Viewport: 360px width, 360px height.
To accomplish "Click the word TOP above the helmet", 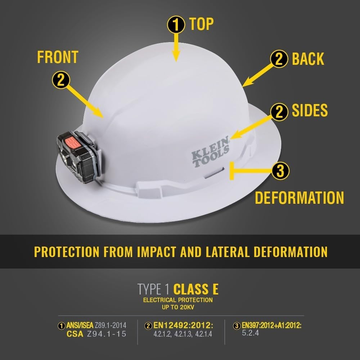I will pyautogui.click(x=202, y=24).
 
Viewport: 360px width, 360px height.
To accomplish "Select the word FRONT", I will pyautogui.click(x=58, y=57).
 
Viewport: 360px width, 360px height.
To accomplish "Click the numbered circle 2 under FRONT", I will pyautogui.click(x=62, y=80).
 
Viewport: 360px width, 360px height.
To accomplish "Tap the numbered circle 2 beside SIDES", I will pyautogui.click(x=279, y=112).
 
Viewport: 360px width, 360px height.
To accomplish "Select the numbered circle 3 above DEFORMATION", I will pyautogui.click(x=280, y=170).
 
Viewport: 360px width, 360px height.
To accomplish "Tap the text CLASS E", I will pyautogui.click(x=196, y=289).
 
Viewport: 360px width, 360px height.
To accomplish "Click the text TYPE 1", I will pyautogui.click(x=154, y=289).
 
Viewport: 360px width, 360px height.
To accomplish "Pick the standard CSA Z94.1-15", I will pyautogui.click(x=96, y=334).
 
